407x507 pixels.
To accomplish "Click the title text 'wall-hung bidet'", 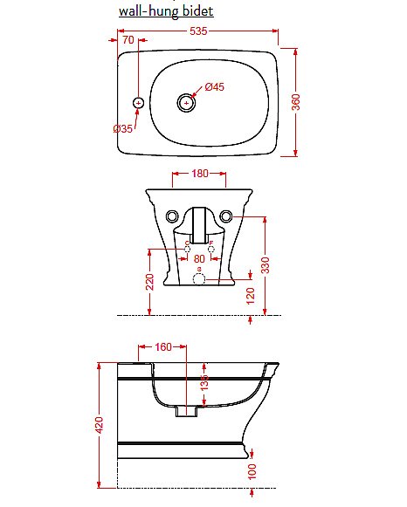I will pyautogui.click(x=166, y=11).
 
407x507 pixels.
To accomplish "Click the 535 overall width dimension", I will pyautogui.click(x=198, y=32).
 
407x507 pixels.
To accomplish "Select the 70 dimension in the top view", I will pyautogui.click(x=128, y=40).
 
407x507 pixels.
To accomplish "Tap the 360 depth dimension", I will pyautogui.click(x=295, y=102).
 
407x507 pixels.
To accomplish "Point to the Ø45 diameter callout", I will pyautogui.click(x=215, y=87).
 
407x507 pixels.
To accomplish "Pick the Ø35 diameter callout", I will pyautogui.click(x=122, y=128).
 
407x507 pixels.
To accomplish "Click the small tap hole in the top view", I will pyautogui.click(x=138, y=103).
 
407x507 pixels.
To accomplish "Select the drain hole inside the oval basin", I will pyautogui.click(x=185, y=103).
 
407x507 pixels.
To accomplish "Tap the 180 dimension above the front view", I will pyautogui.click(x=199, y=174).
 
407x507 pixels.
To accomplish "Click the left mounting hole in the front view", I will pyautogui.click(x=171, y=216).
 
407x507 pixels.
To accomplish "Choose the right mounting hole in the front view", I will pyautogui.click(x=227, y=216).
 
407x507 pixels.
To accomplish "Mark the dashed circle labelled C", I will pyautogui.click(x=186, y=249).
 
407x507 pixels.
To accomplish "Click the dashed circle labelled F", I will pyautogui.click(x=210, y=249).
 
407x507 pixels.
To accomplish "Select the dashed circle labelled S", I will pyautogui.click(x=199, y=278).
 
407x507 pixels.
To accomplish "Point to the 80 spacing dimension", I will pyautogui.click(x=199, y=259).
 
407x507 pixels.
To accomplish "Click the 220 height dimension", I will pyautogui.click(x=149, y=281).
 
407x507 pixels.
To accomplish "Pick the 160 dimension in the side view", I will pyautogui.click(x=163, y=346).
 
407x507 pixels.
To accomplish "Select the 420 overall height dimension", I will pyautogui.click(x=99, y=425).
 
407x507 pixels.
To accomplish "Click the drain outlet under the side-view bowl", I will pyautogui.click(x=186, y=409).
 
